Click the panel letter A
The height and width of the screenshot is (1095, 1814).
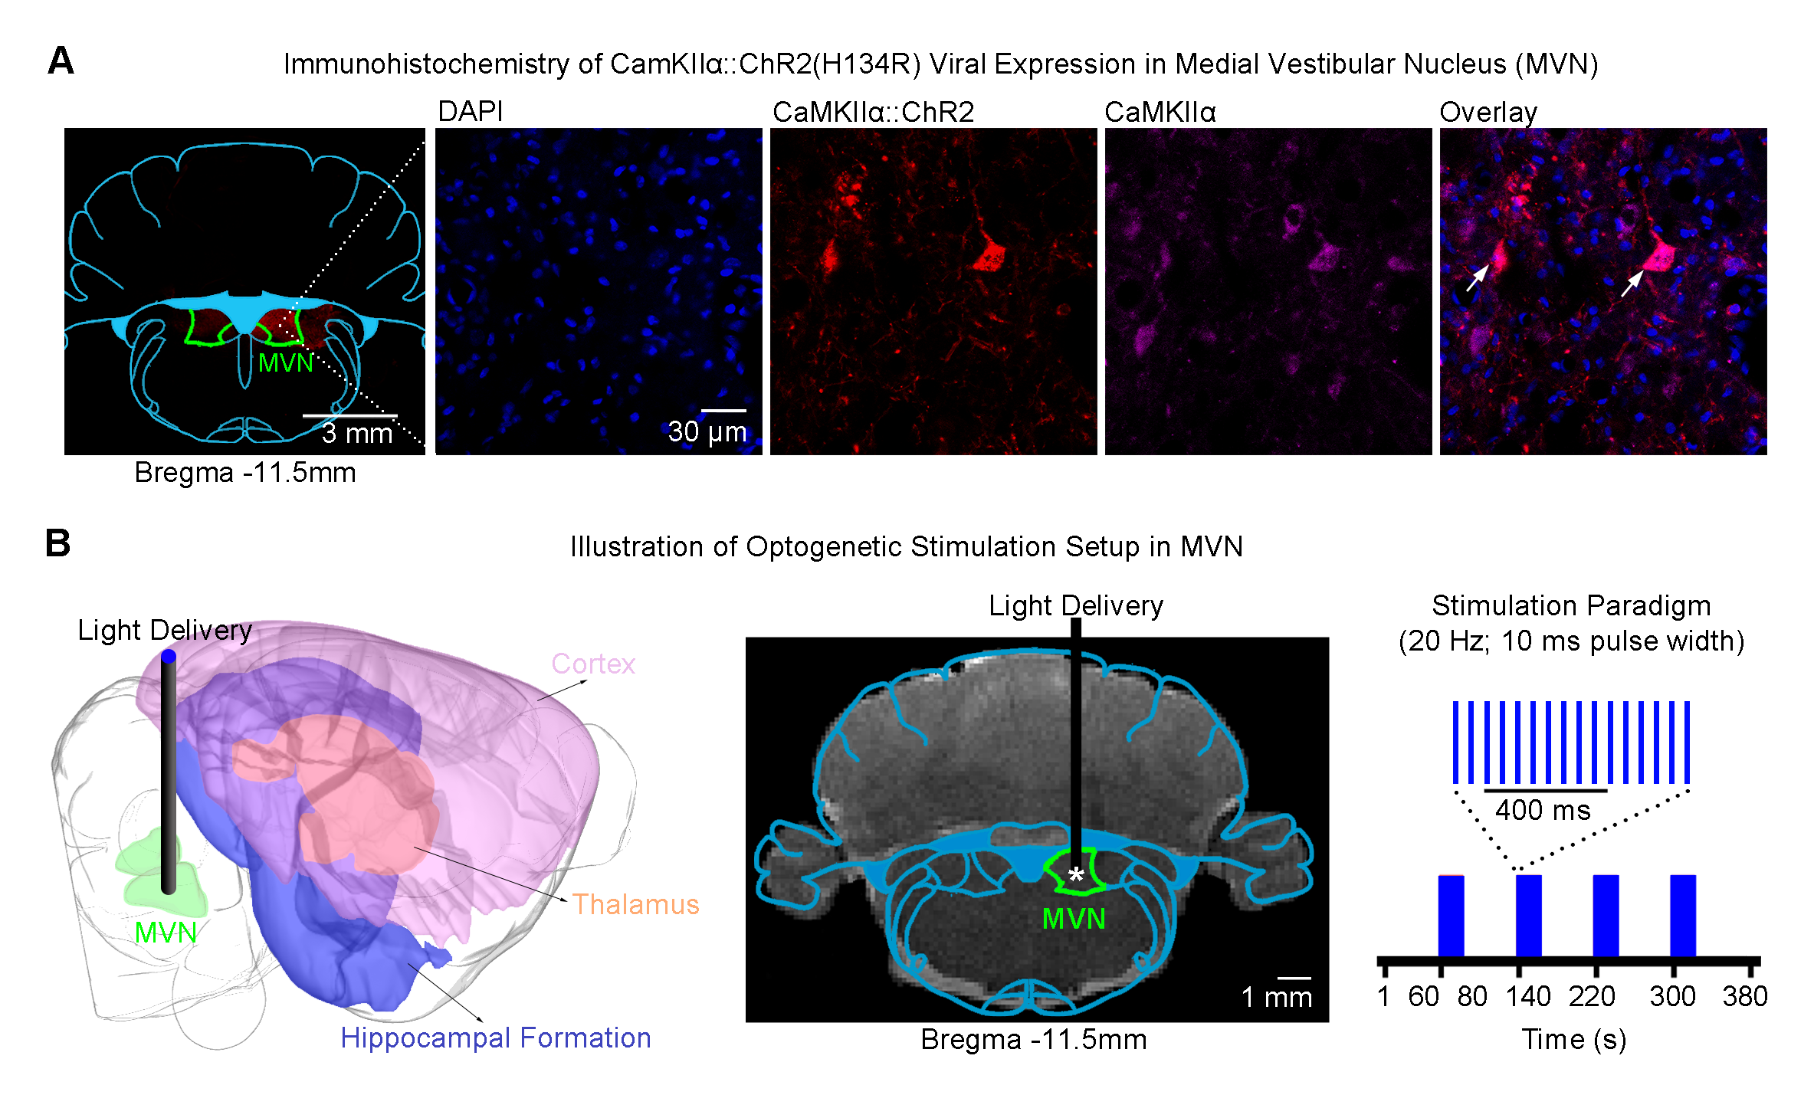tap(61, 61)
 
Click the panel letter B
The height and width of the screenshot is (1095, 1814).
tap(57, 543)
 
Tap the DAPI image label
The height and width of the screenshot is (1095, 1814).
tap(470, 112)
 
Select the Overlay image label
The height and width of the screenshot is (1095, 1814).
tap(1488, 113)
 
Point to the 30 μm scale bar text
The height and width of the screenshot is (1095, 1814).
tap(707, 432)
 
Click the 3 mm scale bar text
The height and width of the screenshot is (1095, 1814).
tap(356, 434)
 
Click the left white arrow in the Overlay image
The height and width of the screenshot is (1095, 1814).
tap(1477, 277)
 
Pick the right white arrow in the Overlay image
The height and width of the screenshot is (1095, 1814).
tap(1632, 283)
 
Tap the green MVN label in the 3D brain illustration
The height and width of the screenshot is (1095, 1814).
tap(166, 933)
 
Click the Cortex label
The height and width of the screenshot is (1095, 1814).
tap(593, 664)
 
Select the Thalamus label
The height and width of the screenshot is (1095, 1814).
tap(635, 905)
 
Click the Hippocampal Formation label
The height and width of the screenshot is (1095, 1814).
tap(495, 1038)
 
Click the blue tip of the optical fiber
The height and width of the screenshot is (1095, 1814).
tap(169, 656)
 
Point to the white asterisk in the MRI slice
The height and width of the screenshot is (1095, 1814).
tap(1076, 875)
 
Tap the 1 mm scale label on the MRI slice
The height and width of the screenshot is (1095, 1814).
tap(1276, 997)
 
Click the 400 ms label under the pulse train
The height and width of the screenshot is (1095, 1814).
tap(1542, 810)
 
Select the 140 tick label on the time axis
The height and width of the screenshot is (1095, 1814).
tap(1527, 996)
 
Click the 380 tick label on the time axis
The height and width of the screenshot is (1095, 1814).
tap(1744, 996)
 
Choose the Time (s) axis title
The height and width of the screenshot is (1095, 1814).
tap(1573, 1040)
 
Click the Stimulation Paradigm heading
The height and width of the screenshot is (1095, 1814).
tap(1570, 606)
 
